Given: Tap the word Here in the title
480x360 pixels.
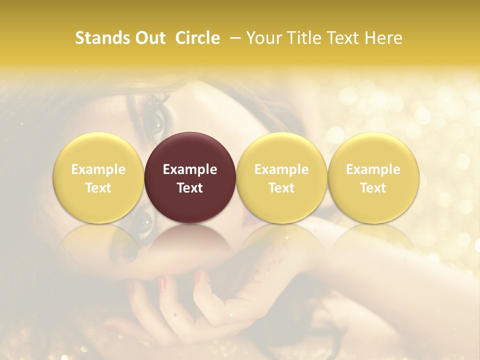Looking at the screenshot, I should click(x=385, y=38).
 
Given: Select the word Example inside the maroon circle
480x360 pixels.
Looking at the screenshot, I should click(x=190, y=169).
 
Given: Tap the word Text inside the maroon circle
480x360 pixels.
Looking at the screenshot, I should click(x=190, y=188).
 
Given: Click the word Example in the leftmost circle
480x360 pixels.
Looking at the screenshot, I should click(x=98, y=169).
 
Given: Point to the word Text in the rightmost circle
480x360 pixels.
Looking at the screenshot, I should click(x=373, y=188).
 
